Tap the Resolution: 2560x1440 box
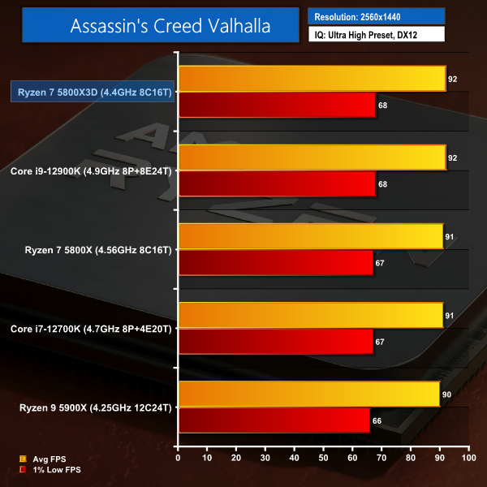pyautogui.click(x=376, y=15)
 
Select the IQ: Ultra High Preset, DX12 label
pyautogui.click(x=376, y=35)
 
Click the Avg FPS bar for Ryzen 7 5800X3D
pyautogui.click(x=312, y=80)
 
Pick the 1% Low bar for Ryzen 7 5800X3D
pyautogui.click(x=277, y=105)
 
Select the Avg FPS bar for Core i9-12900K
pyautogui.click(x=312, y=157)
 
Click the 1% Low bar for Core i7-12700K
pyautogui.click(x=275, y=342)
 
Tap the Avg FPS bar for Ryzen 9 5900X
pyautogui.click(x=308, y=394)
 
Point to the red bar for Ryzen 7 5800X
pyautogui.click(x=275, y=263)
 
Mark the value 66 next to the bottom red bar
pyautogui.click(x=378, y=420)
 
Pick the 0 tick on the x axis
pyautogui.click(x=178, y=458)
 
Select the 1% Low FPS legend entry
pyautogui.click(x=53, y=470)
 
